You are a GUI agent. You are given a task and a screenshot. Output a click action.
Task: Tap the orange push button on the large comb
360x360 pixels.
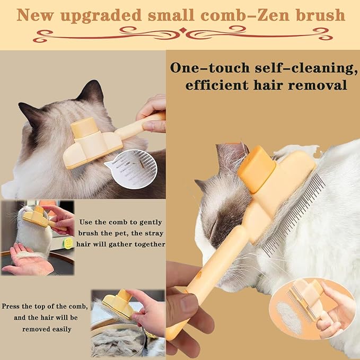(257, 169)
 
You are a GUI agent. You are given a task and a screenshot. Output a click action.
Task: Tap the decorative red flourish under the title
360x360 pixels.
(180, 35)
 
